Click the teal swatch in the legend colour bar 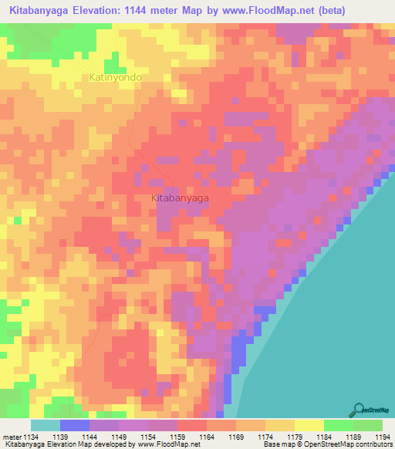point(46,425)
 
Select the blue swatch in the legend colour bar point(75,425)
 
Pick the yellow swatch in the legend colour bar point(309,425)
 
